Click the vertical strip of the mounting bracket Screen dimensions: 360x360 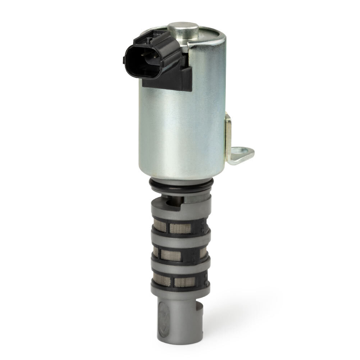228,137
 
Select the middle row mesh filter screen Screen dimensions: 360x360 180,255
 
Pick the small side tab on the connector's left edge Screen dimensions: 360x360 125,59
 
